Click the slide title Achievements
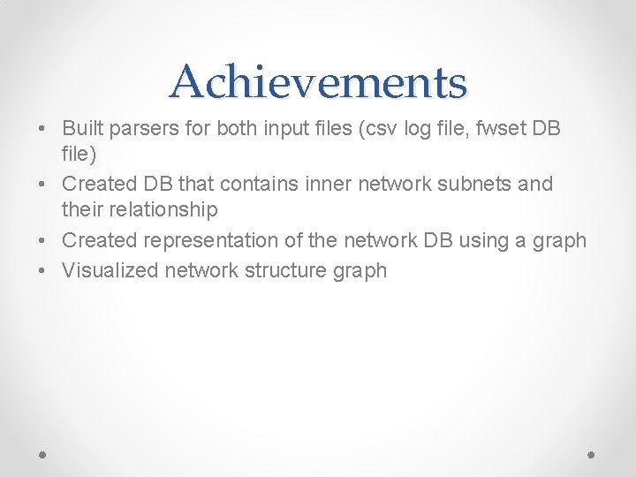[318, 82]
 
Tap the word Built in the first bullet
[80, 128]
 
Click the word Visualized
[110, 270]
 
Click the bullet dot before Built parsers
[42, 129]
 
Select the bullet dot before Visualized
[42, 271]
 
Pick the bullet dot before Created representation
[42, 241]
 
